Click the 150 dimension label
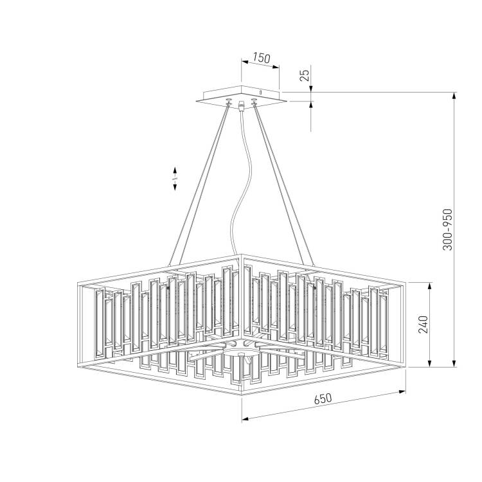point(262,57)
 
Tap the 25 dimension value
point(305,75)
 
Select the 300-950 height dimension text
point(447,229)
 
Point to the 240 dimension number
point(424,325)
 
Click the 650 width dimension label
point(323,398)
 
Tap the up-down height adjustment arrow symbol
point(175,179)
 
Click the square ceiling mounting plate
point(241,96)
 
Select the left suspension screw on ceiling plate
point(228,102)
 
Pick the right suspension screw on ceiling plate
point(254,102)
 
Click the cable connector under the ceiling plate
point(241,105)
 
